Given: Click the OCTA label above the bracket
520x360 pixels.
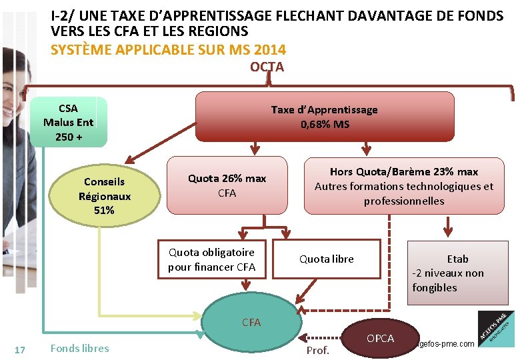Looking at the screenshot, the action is tap(267, 67).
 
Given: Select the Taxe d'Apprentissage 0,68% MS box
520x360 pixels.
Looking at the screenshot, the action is tap(324, 117).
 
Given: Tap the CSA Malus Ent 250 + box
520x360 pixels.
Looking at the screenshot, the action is tap(68, 122).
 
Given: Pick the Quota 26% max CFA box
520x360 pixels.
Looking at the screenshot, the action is tap(227, 185).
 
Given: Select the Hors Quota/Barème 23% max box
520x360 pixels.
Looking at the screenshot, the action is tap(403, 185).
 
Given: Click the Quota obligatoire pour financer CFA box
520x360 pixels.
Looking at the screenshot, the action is tap(211, 259).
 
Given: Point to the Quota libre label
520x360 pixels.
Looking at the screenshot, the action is tap(326, 259).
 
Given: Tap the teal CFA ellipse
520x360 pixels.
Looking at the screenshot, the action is tap(251, 322).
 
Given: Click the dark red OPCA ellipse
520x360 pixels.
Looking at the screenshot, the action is tap(380, 339).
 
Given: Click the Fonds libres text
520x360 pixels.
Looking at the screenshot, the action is tap(79, 348).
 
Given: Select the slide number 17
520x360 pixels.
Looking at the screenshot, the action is tap(19, 349).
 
